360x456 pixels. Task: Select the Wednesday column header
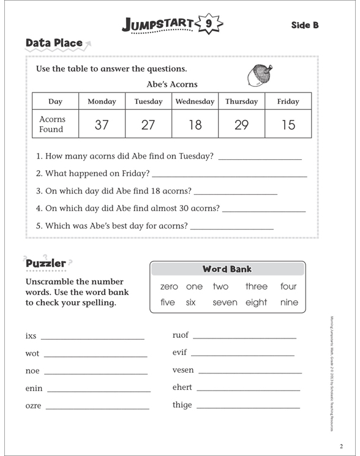coord(195,102)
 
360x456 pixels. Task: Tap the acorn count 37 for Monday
coord(102,125)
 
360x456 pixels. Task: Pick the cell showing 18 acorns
coord(195,125)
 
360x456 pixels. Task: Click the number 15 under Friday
coord(288,125)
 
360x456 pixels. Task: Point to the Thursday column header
coord(241,102)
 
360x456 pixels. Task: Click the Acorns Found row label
coord(52,124)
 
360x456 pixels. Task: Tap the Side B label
coord(305,25)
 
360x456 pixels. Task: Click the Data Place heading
coord(54,43)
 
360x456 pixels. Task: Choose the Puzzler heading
coord(46,264)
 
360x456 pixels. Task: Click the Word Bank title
coord(227,269)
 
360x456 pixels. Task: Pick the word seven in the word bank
coord(225,302)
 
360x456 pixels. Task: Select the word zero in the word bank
coord(169,286)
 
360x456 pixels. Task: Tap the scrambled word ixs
coord(31,336)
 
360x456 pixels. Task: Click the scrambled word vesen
coord(183,370)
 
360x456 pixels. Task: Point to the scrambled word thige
coord(182,405)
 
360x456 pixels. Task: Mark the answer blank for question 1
coord(260,157)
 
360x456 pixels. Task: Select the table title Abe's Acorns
coord(172,84)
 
